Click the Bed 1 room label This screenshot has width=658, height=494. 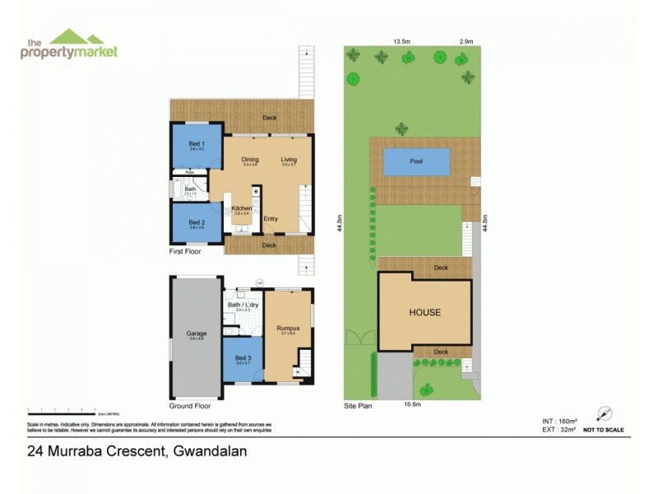(x=197, y=144)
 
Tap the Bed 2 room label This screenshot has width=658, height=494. (x=196, y=222)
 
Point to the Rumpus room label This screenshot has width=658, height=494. (x=288, y=329)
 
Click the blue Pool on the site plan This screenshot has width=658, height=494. (x=417, y=161)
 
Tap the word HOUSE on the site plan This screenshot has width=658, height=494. (x=425, y=313)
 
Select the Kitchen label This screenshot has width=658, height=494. (x=241, y=208)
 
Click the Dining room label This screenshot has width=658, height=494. (x=250, y=160)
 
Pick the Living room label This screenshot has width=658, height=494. (x=288, y=160)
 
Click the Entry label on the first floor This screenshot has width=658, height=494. (x=271, y=218)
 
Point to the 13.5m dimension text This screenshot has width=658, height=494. (x=401, y=41)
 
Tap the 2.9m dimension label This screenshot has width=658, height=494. (x=466, y=41)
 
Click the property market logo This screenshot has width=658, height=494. (x=69, y=44)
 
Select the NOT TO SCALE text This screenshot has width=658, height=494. (x=603, y=430)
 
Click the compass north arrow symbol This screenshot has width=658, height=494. (x=605, y=414)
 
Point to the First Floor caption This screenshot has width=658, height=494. (x=185, y=251)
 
